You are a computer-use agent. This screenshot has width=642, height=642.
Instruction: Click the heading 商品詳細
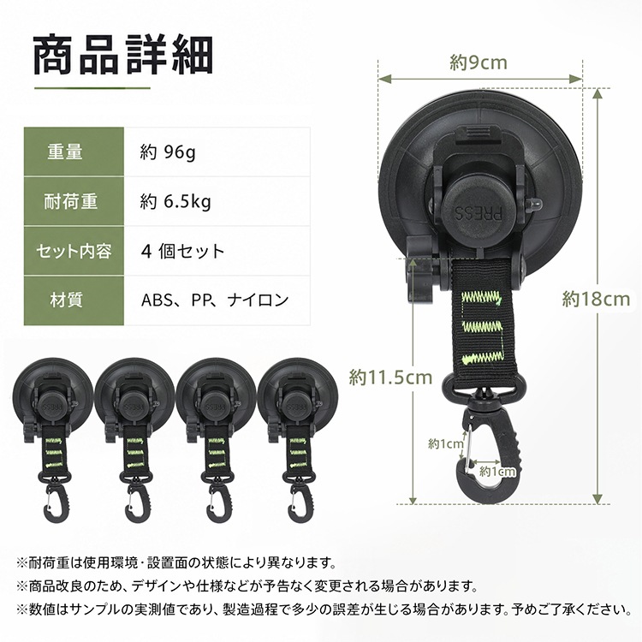tap(123, 55)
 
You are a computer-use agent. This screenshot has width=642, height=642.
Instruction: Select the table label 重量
tap(65, 152)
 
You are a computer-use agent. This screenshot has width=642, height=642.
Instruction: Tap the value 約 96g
tap(168, 152)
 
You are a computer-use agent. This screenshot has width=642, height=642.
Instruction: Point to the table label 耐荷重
tap(71, 201)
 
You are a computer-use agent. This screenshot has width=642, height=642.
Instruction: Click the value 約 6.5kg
tap(175, 201)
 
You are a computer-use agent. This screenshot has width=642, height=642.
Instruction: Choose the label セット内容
tap(74, 251)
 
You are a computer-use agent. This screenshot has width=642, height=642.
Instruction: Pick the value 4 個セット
tap(182, 251)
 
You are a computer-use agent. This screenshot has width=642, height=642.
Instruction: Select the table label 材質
tap(66, 300)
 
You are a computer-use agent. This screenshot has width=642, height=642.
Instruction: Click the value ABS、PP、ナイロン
tap(215, 300)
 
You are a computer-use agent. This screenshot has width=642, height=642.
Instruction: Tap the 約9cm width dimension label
tap(479, 62)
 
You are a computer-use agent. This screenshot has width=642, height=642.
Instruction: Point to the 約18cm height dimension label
tap(596, 299)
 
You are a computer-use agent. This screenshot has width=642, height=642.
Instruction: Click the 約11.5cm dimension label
tap(390, 377)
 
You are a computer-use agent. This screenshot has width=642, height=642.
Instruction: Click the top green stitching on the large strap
tap(481, 298)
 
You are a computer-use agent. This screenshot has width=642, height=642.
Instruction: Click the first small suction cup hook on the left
tap(52, 441)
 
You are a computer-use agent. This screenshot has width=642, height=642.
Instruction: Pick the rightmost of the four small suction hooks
tap(298, 441)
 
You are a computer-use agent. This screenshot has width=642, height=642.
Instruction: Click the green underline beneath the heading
tap(92, 88)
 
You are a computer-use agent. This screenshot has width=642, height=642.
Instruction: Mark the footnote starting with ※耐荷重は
tap(176, 563)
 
